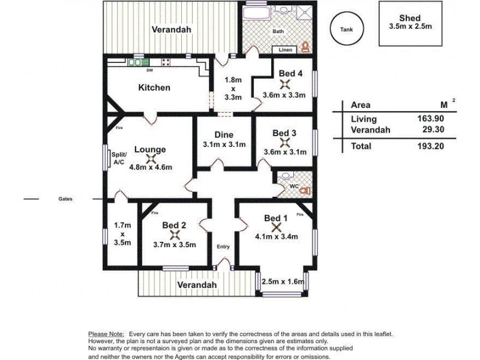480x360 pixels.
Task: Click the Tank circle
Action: (x=331, y=29)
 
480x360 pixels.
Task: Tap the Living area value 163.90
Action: (x=430, y=118)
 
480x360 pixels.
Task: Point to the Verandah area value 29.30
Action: (x=433, y=129)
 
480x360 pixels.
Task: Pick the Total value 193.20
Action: (x=430, y=146)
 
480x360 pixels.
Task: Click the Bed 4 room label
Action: (x=290, y=73)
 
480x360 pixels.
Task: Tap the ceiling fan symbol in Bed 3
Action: (x=285, y=142)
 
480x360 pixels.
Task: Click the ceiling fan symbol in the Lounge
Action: (x=151, y=159)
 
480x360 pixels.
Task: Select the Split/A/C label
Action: (x=119, y=158)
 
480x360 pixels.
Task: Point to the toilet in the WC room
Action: (x=305, y=191)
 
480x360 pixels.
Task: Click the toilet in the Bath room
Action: (x=305, y=47)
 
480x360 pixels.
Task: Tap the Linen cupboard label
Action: (x=286, y=50)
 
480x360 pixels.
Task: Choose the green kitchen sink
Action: (x=139, y=62)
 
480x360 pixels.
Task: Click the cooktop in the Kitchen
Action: (x=166, y=62)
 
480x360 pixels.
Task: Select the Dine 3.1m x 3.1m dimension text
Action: (x=224, y=145)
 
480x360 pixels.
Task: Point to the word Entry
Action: (x=223, y=247)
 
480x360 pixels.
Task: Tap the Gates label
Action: (x=65, y=199)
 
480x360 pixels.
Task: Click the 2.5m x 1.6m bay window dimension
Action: (x=283, y=281)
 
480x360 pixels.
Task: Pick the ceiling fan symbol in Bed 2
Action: (x=175, y=235)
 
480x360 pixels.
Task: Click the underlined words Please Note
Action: (x=106, y=334)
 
